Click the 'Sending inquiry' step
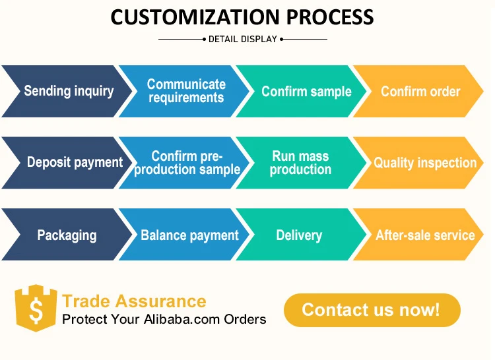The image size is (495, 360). point(69,91)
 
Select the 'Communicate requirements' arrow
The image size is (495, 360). point(186,91)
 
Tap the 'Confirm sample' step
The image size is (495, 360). point(306,92)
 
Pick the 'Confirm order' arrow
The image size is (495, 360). point(420,92)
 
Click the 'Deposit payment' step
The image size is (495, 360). point(75,162)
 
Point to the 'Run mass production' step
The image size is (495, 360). point(300,163)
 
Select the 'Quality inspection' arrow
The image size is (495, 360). point(425,163)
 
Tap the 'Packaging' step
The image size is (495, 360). point(67,235)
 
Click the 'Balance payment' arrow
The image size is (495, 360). point(189,235)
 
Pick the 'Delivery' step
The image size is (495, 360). point(299,235)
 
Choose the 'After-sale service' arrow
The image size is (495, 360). point(425,235)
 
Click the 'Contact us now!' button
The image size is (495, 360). point(372,310)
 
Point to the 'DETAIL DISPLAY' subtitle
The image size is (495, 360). point(243,40)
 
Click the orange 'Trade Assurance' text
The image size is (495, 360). point(134,302)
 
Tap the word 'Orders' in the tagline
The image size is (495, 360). point(246,320)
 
